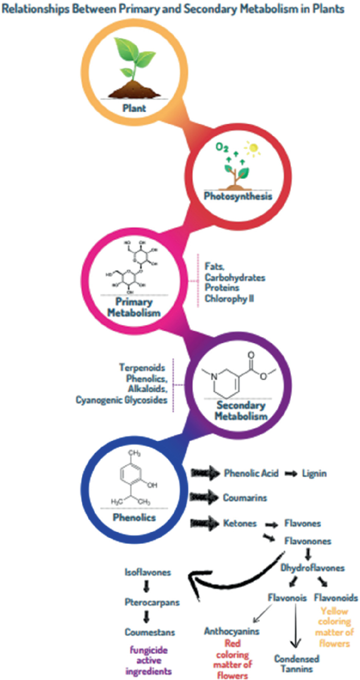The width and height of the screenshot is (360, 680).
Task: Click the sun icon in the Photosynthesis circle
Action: [254, 149]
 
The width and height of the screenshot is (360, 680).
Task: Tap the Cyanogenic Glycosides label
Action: [123, 401]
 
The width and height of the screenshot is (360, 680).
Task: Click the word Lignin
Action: [314, 473]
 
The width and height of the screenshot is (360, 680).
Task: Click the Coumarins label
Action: [244, 497]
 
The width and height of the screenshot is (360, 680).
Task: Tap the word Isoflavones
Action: [148, 572]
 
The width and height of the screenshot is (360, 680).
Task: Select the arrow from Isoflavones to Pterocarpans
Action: [148, 587]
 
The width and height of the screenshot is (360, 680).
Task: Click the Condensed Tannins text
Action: [296, 664]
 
